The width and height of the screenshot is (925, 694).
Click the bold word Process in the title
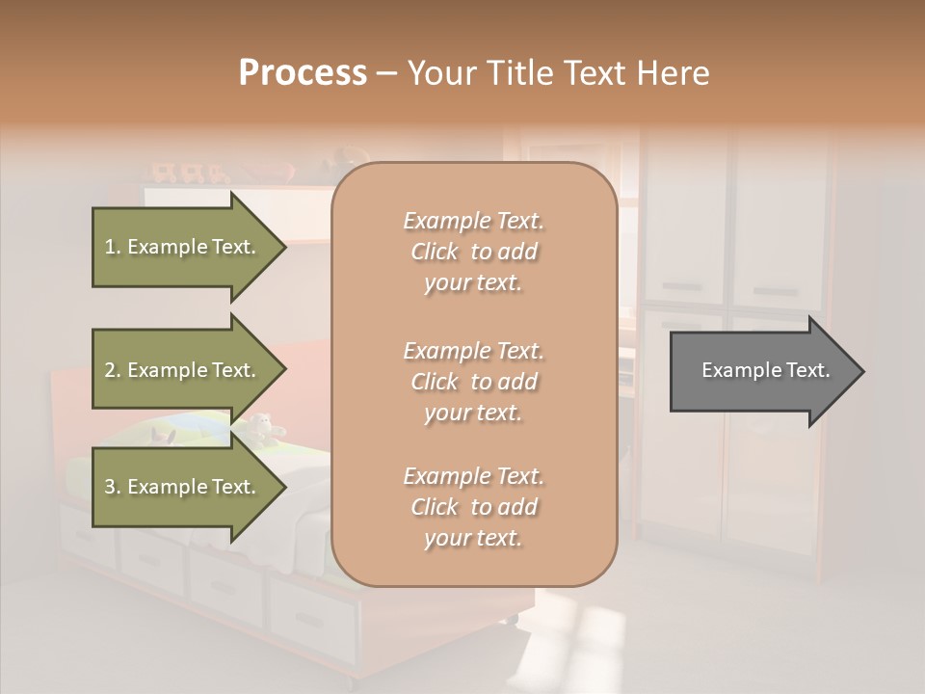(x=303, y=73)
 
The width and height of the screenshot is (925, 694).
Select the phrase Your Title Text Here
(x=558, y=73)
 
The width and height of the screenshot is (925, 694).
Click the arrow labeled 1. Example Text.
(x=183, y=247)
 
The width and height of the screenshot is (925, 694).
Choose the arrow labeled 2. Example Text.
(x=183, y=370)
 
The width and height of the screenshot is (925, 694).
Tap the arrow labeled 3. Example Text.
(x=183, y=487)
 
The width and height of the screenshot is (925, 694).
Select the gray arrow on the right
(x=761, y=370)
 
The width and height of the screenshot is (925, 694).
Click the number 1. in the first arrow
(x=113, y=248)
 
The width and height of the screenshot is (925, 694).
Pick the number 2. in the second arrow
(x=113, y=371)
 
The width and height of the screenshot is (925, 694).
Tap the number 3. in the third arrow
(x=113, y=488)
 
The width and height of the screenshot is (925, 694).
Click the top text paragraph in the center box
(x=473, y=252)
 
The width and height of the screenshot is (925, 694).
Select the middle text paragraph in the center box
(x=473, y=382)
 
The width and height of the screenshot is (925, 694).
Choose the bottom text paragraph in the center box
(x=473, y=507)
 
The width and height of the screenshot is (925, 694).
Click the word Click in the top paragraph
(x=435, y=253)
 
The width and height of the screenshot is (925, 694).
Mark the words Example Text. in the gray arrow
(x=765, y=370)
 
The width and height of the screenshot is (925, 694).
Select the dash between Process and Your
(x=387, y=73)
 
